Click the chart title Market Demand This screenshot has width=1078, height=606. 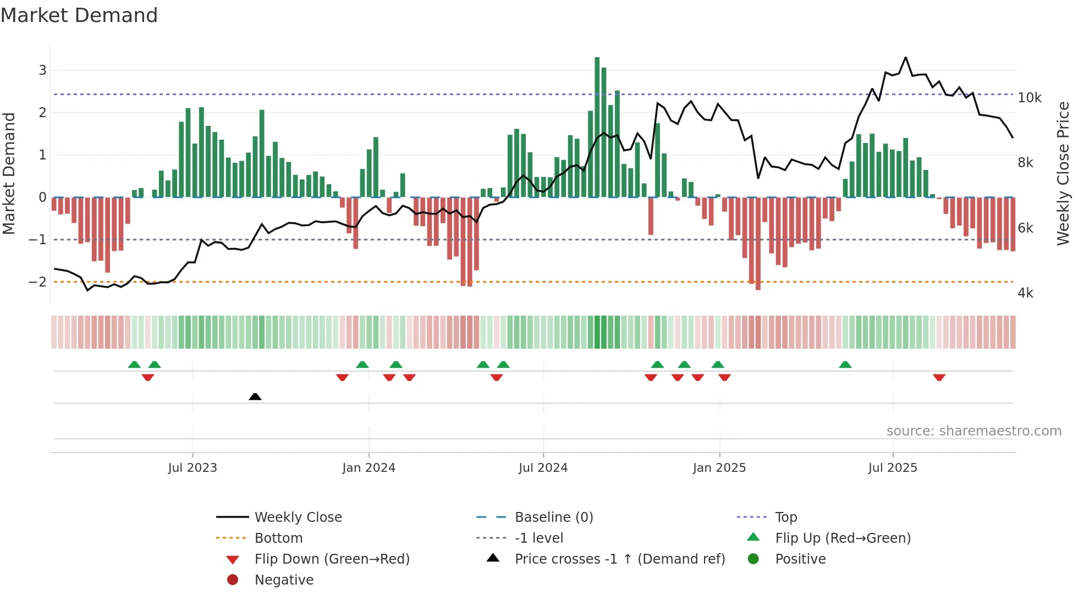(79, 15)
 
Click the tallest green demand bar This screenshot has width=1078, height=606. (597, 126)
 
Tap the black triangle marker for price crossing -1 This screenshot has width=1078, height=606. (255, 396)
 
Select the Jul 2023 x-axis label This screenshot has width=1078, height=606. (193, 468)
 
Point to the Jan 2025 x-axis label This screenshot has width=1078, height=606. (719, 468)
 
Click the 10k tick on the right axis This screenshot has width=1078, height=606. (1029, 98)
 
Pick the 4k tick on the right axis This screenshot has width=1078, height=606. (1025, 293)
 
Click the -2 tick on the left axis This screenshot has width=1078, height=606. (37, 282)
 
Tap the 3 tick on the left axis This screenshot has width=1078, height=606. (42, 70)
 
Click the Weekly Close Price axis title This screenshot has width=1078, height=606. (1063, 173)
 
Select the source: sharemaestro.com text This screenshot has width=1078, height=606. (974, 431)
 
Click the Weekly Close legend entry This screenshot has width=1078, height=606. (298, 517)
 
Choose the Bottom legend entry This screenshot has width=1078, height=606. (278, 538)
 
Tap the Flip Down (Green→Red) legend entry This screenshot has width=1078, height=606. (332, 559)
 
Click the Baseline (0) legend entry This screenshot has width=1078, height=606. (553, 517)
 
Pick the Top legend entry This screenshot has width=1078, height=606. (785, 517)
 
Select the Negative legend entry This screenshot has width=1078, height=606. (284, 580)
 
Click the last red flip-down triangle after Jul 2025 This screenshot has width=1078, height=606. (939, 377)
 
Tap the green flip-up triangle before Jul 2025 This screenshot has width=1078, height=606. (845, 365)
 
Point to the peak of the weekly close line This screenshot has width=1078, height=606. (905, 58)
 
